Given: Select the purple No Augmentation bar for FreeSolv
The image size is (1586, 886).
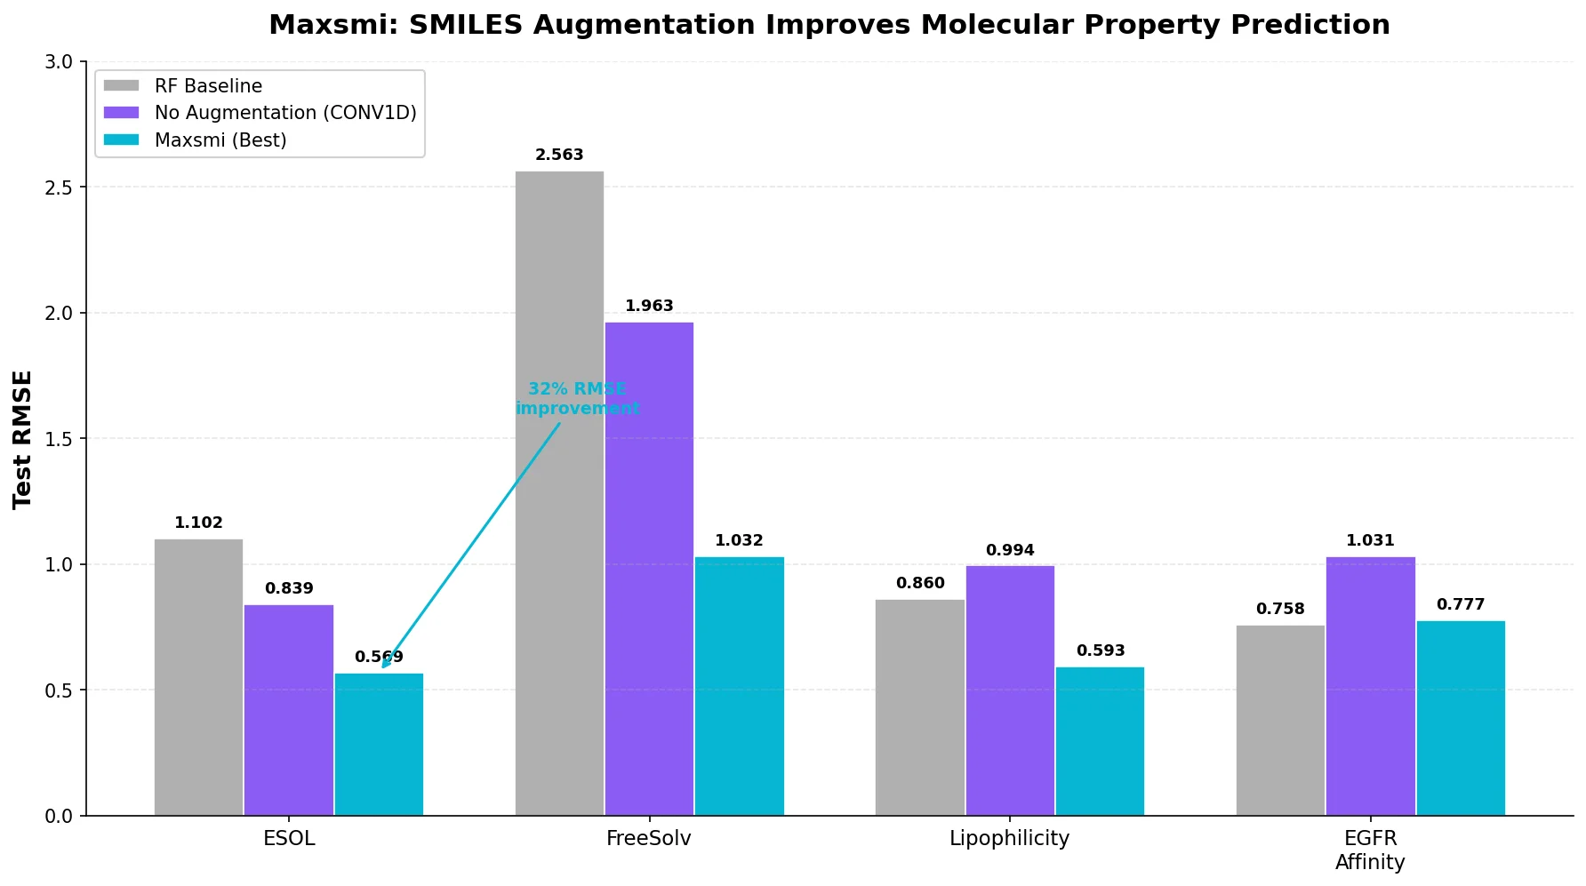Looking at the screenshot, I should pos(649,569).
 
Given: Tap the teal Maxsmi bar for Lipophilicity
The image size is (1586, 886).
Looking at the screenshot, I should pos(1100,741).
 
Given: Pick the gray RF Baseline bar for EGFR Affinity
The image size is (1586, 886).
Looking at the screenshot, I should pos(1280,721).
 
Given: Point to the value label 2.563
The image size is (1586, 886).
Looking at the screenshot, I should pos(559,155).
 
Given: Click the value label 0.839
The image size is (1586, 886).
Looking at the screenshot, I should pos(289,588).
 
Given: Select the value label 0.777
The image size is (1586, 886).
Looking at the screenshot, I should pos(1461,604).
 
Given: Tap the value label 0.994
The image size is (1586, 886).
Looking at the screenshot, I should pos(1010,550).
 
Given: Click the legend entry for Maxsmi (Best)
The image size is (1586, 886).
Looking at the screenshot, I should pos(220,140).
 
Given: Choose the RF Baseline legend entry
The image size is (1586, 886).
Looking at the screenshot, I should pos(208,86).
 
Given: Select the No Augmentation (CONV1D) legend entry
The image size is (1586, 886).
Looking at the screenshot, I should pos(285,113).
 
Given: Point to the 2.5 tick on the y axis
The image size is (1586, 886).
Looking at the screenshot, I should pos(59,188).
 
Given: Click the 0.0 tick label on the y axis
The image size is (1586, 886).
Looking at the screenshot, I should pos(59,816).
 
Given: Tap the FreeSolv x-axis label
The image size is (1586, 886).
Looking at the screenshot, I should pos(649,838).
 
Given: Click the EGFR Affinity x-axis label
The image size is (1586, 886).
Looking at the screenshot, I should pos(1370,850).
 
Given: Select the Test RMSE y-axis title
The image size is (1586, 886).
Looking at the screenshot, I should pos(22,439).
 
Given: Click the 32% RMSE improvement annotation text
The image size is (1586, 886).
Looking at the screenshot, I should pos(577,399).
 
